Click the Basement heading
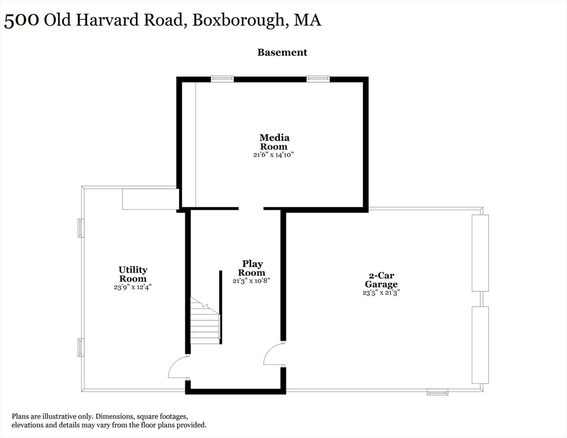coord(282,52)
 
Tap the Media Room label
coord(274,142)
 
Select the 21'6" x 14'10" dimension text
coord(274,155)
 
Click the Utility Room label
coord(133,274)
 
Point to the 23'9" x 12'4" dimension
coord(132,287)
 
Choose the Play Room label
coord(253,268)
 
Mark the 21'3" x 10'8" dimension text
coord(251,281)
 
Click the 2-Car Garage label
coord(381,279)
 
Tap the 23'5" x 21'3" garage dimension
coord(381,293)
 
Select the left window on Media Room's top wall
coord(222,79)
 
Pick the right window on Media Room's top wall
coord(318,79)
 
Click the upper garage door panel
coord(480,253)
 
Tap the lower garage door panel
coord(480,344)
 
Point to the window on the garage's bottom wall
coord(438,392)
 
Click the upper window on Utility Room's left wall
coord(80,228)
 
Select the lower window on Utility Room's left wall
coord(80,347)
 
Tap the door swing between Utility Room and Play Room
coord(179,367)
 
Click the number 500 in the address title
coord(21,21)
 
